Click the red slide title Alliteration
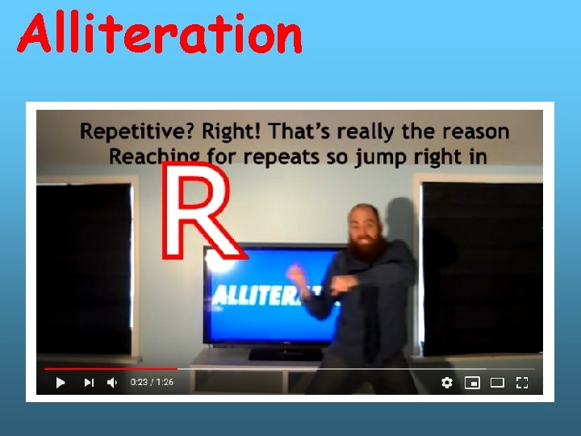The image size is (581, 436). [x=160, y=36]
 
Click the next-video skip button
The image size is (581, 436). [x=89, y=383]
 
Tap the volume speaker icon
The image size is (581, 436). [x=112, y=383]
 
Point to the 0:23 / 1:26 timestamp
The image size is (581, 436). [x=152, y=383]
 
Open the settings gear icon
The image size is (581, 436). [x=447, y=383]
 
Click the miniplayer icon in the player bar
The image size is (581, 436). [x=472, y=383]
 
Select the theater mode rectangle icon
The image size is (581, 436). [x=497, y=383]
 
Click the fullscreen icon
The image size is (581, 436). [x=522, y=383]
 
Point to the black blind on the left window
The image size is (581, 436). [x=85, y=266]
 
